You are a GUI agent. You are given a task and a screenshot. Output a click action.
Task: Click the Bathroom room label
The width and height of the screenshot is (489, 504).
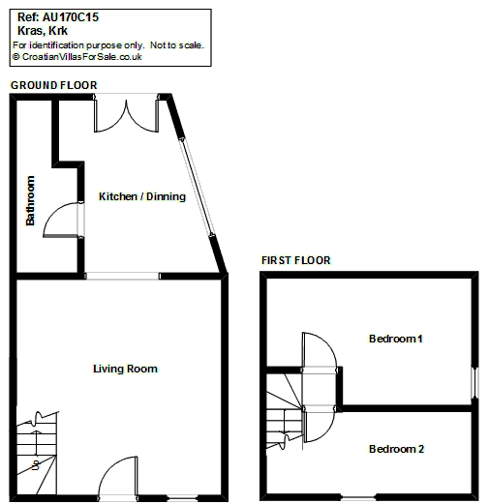[x=30, y=200]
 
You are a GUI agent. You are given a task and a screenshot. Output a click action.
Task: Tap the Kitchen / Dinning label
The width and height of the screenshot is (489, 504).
[x=142, y=196]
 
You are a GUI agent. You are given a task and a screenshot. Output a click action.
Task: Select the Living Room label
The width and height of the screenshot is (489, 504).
[x=125, y=369]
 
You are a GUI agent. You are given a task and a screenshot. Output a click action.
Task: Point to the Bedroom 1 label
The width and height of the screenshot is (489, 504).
[x=395, y=339]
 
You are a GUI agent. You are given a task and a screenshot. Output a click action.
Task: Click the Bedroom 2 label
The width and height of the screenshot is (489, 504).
[x=396, y=449]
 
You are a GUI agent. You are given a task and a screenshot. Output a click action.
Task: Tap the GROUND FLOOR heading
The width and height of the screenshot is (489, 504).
[x=54, y=85]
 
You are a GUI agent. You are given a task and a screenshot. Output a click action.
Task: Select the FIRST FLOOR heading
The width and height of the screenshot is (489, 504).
[x=296, y=260]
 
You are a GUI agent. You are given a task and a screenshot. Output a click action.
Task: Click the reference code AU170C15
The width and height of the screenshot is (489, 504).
[x=71, y=17]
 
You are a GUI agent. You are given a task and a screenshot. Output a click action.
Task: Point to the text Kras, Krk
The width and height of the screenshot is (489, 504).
[x=43, y=31]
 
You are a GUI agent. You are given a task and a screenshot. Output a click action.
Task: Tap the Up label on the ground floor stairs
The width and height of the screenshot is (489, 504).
[x=36, y=464]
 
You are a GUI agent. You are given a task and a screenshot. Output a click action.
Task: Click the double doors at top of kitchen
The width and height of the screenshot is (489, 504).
[x=126, y=116]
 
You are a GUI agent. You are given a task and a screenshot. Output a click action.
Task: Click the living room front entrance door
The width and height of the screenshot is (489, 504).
[x=117, y=477]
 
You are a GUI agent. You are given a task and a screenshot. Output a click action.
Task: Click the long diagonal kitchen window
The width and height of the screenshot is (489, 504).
[x=197, y=187]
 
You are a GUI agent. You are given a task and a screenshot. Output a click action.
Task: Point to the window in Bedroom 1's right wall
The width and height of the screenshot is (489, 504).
[x=474, y=382]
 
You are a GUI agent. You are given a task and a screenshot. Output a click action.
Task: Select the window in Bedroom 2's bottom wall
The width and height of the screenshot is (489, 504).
[x=358, y=497]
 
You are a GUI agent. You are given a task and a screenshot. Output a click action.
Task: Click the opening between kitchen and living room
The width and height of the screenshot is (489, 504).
[x=123, y=276]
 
